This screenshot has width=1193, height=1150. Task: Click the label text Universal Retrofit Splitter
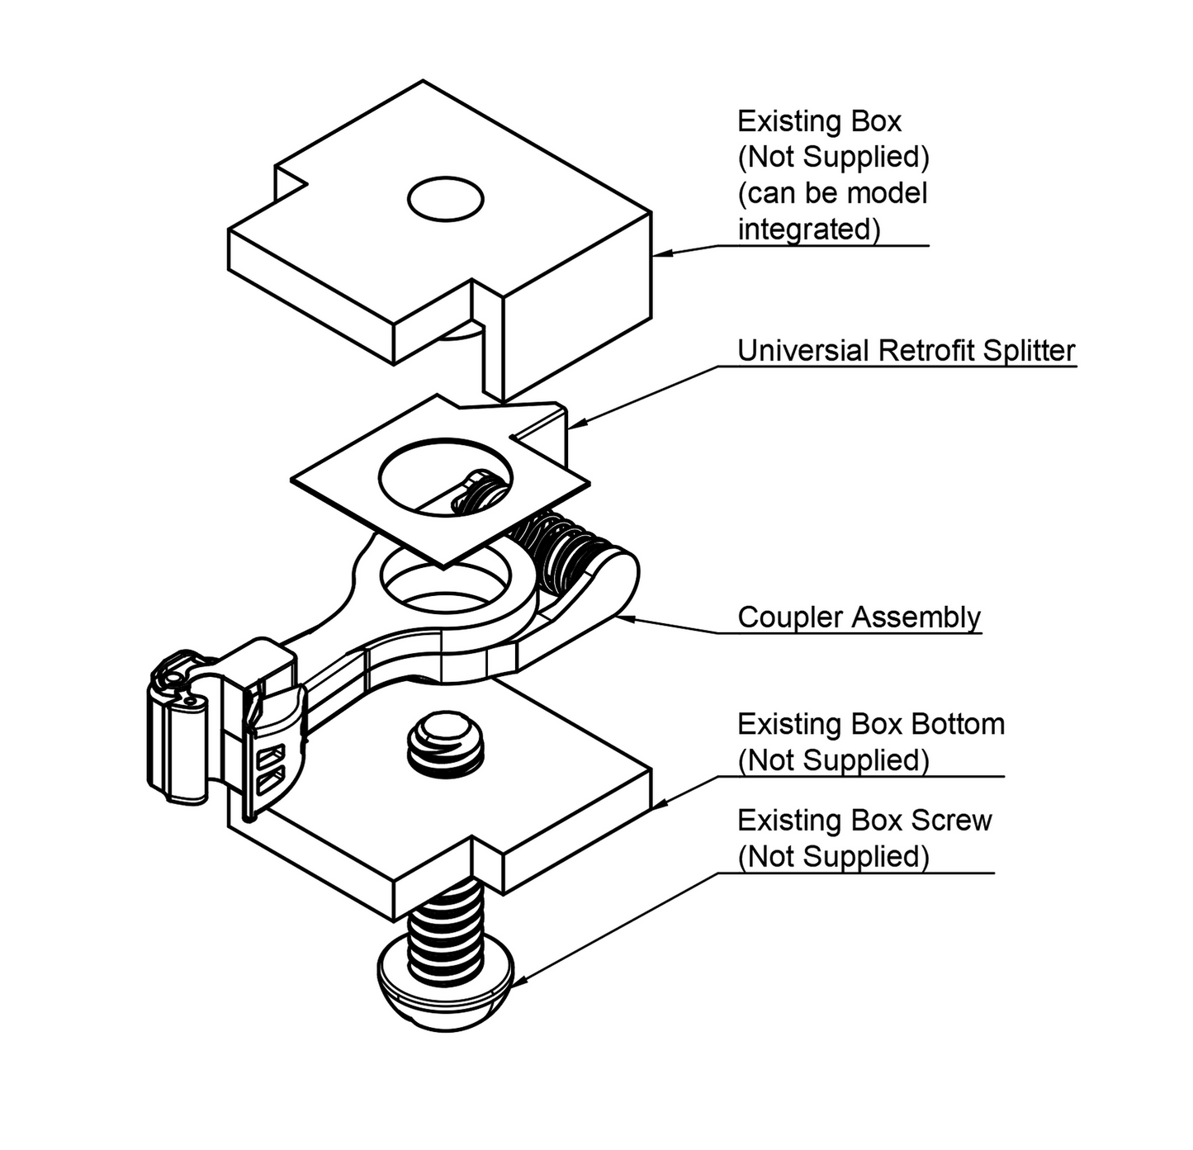906,351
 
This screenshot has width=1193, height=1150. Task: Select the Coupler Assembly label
859,618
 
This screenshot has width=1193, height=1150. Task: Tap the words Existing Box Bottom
870,725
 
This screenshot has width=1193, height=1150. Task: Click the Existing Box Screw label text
864,821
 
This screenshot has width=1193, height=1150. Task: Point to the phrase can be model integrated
831,211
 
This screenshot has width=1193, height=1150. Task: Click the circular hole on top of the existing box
445,199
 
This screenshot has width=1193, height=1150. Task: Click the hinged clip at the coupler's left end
180,726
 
